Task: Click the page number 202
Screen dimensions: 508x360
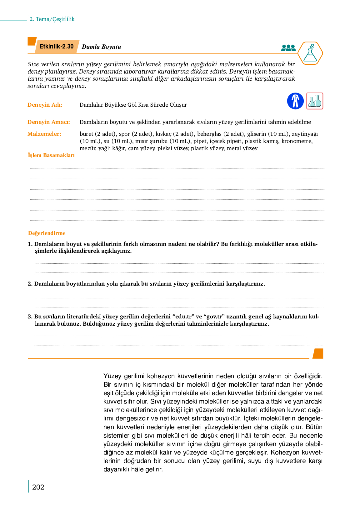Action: (38, 487)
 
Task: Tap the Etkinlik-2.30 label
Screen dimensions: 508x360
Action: (57, 47)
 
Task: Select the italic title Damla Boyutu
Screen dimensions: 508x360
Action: (101, 47)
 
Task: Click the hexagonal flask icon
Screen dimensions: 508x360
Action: (310, 53)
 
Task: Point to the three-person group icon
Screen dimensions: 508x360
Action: (288, 48)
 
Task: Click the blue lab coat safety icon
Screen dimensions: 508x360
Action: (295, 101)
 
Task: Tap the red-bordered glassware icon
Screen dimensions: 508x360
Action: (315, 101)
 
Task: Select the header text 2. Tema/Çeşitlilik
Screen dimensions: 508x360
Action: (52, 19)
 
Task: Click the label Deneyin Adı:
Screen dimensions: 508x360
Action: (45, 105)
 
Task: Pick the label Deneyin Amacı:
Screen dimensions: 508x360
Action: (49, 122)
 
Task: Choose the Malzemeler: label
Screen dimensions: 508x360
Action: (44, 134)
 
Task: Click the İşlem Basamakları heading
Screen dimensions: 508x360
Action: (51, 155)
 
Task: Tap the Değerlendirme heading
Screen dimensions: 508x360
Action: (47, 233)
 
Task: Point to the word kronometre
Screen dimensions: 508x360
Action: (297, 141)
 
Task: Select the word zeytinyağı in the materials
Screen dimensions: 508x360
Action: (305, 134)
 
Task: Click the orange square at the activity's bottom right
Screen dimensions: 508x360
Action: (318, 353)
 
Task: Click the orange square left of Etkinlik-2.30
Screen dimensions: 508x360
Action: (32, 41)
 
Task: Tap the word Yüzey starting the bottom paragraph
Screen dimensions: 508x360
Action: (112, 376)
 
